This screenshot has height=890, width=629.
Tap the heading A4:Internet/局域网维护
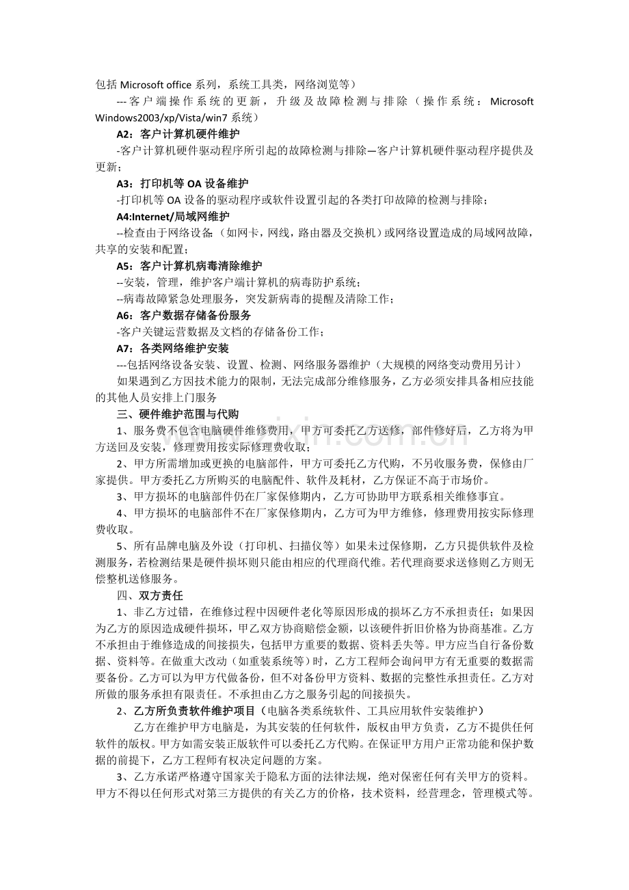point(173,217)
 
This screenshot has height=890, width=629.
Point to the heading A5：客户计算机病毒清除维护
point(189,265)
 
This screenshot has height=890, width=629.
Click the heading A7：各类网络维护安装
point(172,348)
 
